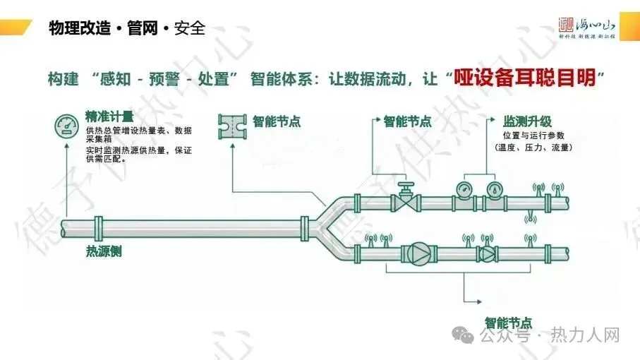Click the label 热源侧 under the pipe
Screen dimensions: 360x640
(104, 251)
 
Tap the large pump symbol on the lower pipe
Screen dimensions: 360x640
(417, 253)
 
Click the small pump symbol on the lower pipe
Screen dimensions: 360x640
(488, 253)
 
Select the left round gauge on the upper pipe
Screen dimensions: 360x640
(464, 189)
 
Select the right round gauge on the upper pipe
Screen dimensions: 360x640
(493, 189)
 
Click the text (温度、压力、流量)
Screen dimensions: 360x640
(533, 148)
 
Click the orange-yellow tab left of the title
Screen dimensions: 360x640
(17, 28)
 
